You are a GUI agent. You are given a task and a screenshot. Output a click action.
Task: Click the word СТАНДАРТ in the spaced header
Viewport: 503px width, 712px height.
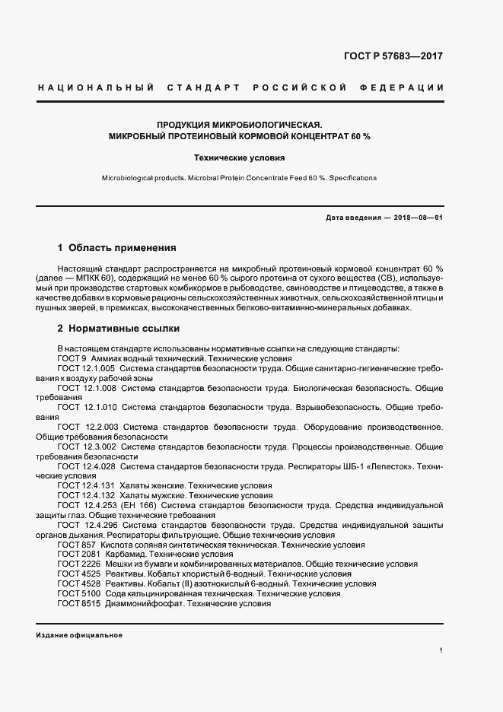coord(199,87)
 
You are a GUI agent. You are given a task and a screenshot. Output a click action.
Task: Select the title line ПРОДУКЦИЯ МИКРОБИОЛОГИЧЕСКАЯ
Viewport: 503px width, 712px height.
coord(240,124)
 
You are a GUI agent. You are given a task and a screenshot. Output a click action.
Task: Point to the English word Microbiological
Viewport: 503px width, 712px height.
coord(128,177)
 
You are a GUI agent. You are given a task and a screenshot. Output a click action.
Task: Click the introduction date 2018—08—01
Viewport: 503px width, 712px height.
coord(417,218)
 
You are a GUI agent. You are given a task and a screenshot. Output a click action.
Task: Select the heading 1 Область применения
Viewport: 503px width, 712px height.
coord(117,248)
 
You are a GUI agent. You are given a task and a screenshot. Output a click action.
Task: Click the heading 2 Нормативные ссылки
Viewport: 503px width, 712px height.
coord(119,329)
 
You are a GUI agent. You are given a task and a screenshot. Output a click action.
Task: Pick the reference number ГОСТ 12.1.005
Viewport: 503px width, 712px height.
coord(87,368)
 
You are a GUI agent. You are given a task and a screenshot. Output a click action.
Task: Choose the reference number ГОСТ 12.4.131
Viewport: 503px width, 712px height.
coord(87,485)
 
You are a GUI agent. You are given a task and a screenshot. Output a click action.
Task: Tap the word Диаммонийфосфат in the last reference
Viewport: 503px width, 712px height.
coord(147,603)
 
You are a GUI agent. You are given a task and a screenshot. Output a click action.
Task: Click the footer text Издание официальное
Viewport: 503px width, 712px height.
coord(79,634)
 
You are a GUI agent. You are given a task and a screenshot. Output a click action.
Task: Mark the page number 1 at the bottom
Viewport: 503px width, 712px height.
coord(441,650)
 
